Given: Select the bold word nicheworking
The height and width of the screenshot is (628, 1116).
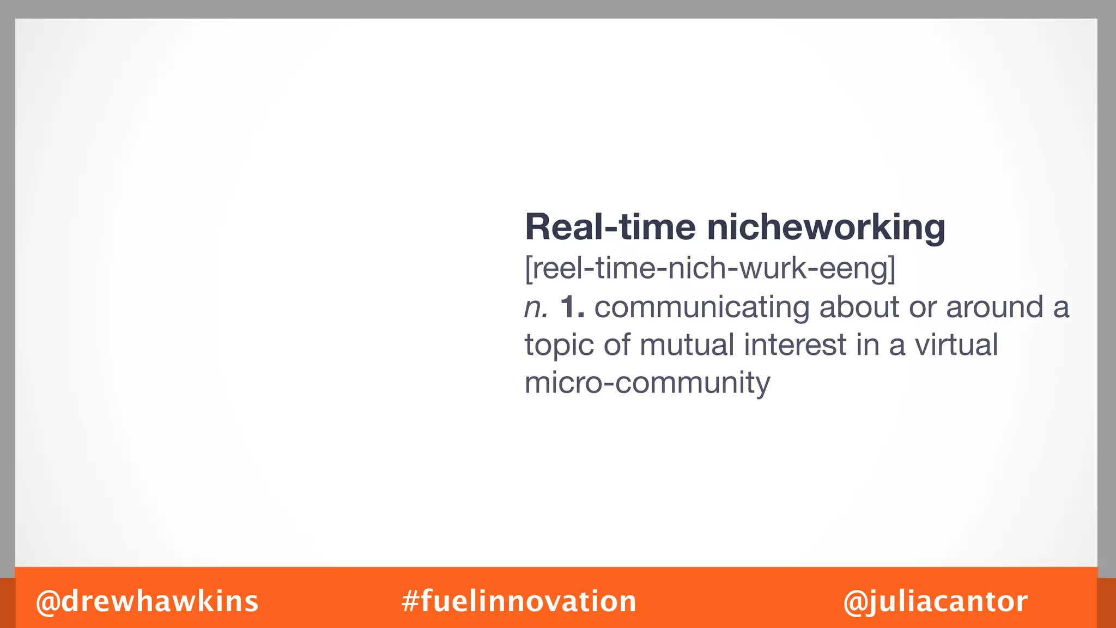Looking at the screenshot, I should click(826, 228).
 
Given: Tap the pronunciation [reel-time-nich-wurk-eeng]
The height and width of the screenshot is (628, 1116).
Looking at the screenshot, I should click(710, 268).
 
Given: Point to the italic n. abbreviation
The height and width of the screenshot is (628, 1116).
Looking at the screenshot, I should click(536, 307).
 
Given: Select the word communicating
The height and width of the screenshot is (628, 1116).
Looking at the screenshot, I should click(702, 307).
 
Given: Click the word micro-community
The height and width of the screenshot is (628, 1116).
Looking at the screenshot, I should click(647, 383).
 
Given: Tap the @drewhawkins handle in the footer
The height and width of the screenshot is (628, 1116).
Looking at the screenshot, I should click(147, 601).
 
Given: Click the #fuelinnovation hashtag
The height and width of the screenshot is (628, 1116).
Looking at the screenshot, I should click(519, 601).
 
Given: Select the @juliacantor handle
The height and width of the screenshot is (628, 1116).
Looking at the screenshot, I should click(935, 601).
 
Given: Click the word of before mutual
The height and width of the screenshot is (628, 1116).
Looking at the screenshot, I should click(616, 345).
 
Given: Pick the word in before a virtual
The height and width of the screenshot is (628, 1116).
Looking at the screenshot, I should click(867, 345).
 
